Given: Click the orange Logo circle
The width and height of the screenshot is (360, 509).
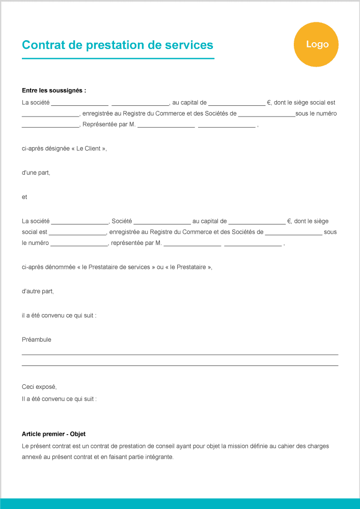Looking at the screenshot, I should [316, 45].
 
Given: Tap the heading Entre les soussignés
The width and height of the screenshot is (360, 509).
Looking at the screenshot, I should [54, 91].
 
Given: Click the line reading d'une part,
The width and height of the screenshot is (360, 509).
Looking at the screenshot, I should [36, 173].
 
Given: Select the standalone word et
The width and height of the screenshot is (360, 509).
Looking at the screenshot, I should [24, 196].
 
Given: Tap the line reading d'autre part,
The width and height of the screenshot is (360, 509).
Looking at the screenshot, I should [38, 291].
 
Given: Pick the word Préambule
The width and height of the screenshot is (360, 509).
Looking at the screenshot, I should [37, 340].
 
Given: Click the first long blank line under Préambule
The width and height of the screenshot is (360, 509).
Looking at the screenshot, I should [180, 354].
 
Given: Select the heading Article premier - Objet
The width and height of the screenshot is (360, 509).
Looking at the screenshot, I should [53, 434].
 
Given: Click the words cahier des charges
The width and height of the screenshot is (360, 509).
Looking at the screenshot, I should [307, 446].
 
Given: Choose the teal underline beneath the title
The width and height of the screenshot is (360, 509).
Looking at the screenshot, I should [118, 59].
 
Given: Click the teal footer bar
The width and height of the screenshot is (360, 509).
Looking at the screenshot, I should [180, 503].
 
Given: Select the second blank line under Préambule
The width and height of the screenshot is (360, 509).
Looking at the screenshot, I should [180, 365].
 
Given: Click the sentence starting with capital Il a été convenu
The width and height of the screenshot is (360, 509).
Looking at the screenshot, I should [59, 399].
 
